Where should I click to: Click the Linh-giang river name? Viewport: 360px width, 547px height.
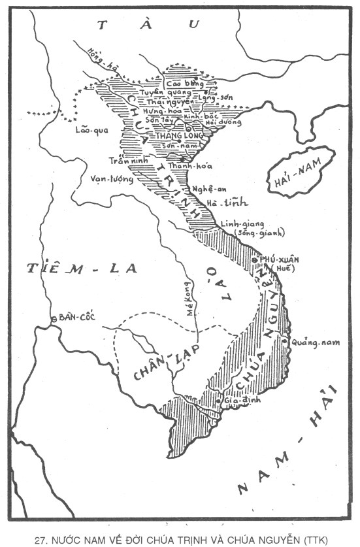click(237, 222)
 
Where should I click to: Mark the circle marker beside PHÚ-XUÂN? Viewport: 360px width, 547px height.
click(254, 261)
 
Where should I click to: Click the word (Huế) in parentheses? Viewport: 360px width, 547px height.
click(286, 269)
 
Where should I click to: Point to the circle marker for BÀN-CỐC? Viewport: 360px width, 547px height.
click(53, 319)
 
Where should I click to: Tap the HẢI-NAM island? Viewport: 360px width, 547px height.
click(303, 170)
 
